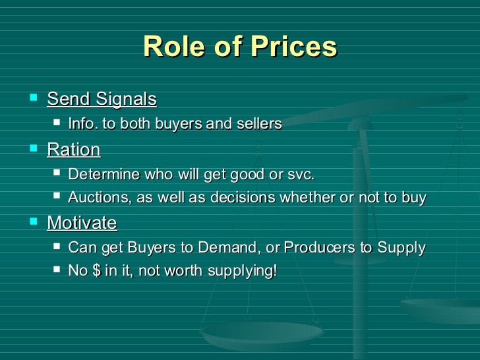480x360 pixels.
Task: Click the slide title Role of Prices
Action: pos(240,47)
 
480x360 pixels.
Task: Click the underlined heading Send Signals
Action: pos(102,100)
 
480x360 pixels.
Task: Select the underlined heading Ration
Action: pos(73,150)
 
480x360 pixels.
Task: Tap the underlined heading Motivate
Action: pos(82,223)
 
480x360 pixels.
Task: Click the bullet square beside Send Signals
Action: pos(32,99)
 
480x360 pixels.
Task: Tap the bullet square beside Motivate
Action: pos(32,222)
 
